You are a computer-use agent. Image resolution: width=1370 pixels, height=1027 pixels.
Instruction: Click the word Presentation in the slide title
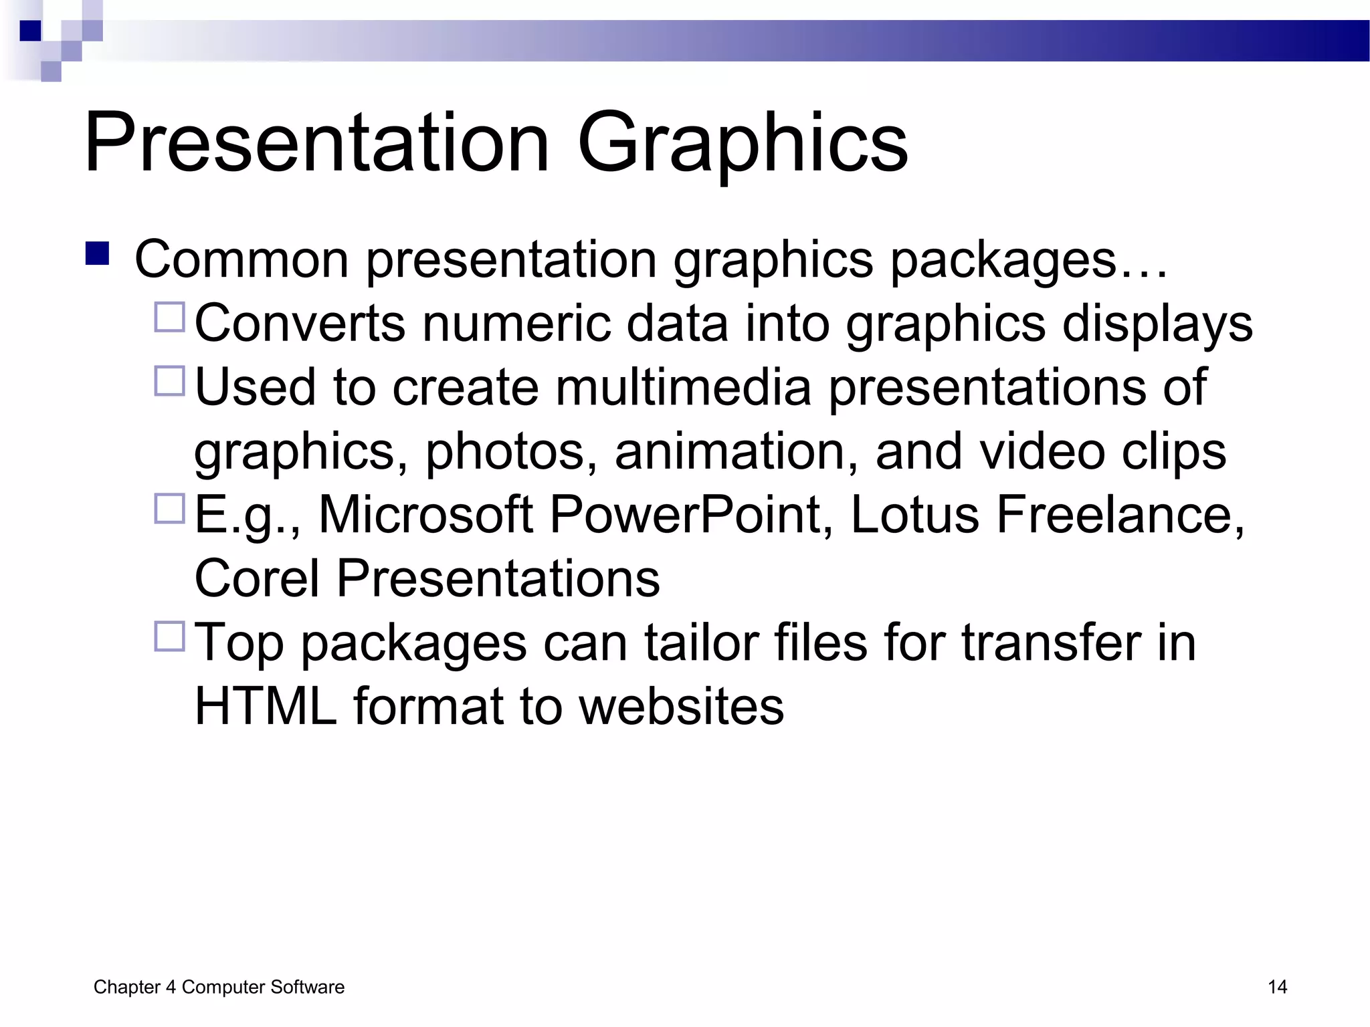coord(316,144)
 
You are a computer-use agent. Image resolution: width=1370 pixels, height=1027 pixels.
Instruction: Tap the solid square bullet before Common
coord(98,254)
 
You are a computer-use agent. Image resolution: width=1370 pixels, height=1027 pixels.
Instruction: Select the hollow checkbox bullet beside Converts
coord(170,318)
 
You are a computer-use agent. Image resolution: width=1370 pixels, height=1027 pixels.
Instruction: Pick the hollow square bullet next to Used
coord(170,381)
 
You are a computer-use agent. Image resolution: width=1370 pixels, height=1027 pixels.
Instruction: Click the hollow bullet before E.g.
coord(170,509)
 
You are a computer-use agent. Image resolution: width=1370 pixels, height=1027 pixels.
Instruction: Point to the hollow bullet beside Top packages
coord(170,637)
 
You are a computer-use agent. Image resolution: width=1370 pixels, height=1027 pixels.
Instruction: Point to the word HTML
coord(266,706)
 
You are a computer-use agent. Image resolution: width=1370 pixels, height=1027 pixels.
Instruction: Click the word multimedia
coord(683,387)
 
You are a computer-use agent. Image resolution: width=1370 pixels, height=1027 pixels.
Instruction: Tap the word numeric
coord(515,324)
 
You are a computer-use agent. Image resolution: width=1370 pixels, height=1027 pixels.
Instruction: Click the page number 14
coord(1277,987)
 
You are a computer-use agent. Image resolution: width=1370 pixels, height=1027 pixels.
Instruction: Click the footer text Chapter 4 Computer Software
coord(219,987)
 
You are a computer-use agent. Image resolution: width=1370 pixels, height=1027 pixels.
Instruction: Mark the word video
coord(1042,451)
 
